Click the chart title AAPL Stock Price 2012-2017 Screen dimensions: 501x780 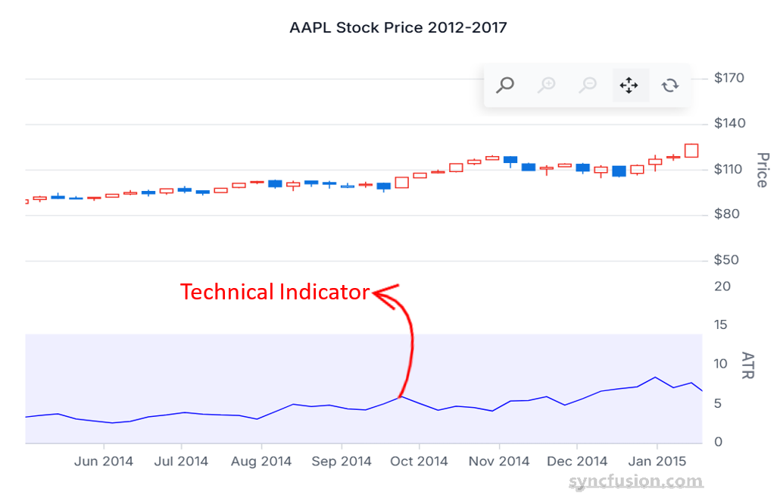coord(398,28)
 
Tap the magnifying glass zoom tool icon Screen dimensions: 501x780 coord(505,85)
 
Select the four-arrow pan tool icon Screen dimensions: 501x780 coord(629,85)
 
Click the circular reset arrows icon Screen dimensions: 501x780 coord(670,85)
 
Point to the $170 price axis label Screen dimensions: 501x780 coord(729,78)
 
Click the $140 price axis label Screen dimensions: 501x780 coord(729,124)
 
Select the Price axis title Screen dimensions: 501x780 coord(762,170)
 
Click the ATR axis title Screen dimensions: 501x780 coord(747,365)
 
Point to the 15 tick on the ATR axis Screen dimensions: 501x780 coord(722,325)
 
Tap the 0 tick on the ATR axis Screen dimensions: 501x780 coord(718,442)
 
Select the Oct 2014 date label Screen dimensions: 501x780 coord(419,462)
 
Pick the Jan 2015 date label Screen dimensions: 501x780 coord(657,462)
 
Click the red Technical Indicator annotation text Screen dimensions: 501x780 coord(275,292)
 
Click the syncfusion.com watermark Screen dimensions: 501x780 coord(636,481)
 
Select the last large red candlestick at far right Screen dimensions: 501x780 coord(691,150)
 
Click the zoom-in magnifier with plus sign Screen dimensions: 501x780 coord(546,85)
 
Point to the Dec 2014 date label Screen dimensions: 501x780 coord(577,462)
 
